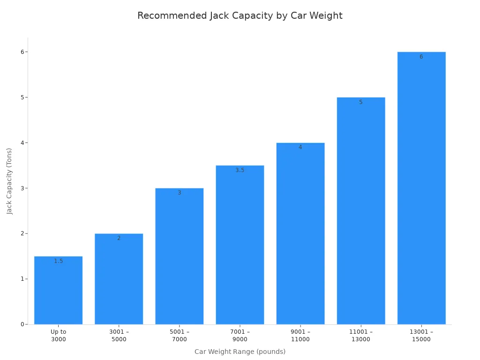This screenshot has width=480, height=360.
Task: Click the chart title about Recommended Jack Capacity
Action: click(x=240, y=16)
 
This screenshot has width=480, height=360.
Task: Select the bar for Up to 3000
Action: click(x=58, y=291)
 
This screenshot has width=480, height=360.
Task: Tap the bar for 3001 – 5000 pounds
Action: click(x=119, y=279)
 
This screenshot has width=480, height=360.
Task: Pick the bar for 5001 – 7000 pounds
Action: click(x=179, y=257)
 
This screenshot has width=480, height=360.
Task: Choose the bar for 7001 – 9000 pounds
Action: click(x=240, y=245)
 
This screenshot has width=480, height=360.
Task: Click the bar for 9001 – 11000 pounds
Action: click(x=300, y=234)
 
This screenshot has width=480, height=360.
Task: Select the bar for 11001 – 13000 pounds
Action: click(x=360, y=211)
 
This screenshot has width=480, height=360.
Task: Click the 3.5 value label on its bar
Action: click(x=240, y=170)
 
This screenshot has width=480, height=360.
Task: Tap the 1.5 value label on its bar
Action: click(x=58, y=261)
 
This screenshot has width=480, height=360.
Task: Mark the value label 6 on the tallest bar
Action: click(x=421, y=57)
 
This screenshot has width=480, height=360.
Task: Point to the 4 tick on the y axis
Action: click(x=22, y=143)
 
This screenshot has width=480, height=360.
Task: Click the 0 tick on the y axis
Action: click(x=22, y=324)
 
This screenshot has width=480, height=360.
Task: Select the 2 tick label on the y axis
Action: click(x=22, y=233)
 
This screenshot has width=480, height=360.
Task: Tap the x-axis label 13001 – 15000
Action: click(x=421, y=336)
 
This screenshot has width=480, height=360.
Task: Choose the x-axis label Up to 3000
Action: click(x=58, y=336)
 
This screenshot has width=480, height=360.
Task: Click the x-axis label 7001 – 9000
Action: click(x=240, y=336)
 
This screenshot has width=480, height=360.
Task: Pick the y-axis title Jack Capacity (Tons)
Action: click(x=9, y=181)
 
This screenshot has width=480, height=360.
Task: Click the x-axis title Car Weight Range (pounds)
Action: click(x=240, y=352)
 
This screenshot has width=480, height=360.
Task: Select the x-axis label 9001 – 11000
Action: click(x=300, y=336)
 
